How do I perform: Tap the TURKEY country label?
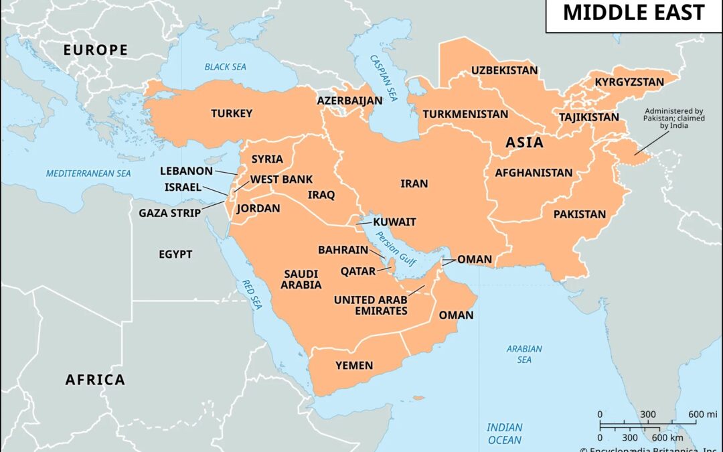[232, 113]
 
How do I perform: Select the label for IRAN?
[414, 183]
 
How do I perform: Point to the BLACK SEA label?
[226, 67]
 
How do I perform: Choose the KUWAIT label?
[394, 222]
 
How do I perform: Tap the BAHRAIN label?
[343, 250]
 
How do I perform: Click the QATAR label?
[358, 271]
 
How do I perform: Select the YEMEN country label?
[354, 365]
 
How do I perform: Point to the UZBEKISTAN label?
[504, 70]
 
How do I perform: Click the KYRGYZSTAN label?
[629, 82]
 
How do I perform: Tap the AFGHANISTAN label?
[534, 173]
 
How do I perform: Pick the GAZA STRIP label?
[169, 214]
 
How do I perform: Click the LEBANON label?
[186, 171]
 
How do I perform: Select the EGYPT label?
[175, 254]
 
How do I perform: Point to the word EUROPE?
[95, 50]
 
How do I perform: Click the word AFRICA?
[95, 380]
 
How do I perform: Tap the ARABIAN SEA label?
[524, 354]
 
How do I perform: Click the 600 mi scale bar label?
[702, 414]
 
